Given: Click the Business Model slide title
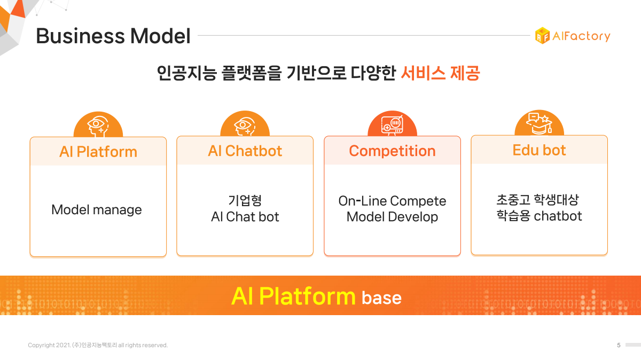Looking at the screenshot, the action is pos(113,36).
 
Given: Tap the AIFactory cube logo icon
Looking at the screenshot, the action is pos(542,36).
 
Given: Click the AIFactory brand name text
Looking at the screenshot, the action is pos(581,36).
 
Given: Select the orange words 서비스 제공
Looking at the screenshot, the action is pos(440,73).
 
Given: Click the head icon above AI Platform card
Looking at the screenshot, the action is pos(98,126).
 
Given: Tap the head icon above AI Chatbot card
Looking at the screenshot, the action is pos(245,126).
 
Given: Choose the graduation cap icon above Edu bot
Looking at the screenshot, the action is pos(539,124).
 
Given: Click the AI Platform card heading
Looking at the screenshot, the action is pos(98,152).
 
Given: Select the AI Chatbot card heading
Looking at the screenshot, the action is pos(245,151).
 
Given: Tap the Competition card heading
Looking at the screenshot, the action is pos(392,151).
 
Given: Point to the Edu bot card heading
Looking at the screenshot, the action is pos(539,150).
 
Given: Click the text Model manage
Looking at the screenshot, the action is pos(97,210).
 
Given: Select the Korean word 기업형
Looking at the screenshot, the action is pos(245,200).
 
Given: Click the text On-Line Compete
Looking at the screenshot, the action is pos(392,201).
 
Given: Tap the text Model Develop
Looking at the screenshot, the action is pos(392,217).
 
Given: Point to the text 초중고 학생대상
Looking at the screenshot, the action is pos(537,200).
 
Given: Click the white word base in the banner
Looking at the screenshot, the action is pos(381,298).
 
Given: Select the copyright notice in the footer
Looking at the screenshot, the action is pos(98,345).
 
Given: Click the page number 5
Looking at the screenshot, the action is pos(619,345).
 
